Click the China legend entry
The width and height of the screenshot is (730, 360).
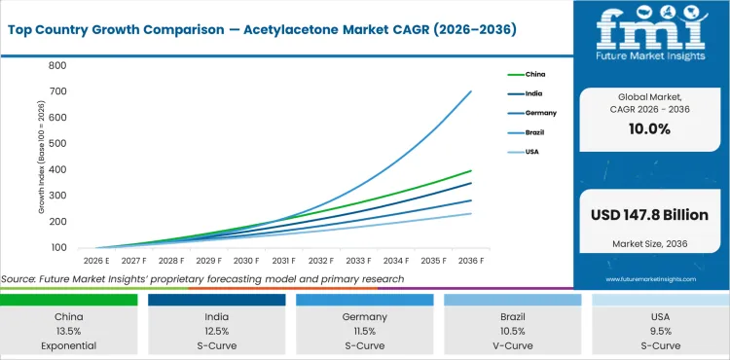(534, 74)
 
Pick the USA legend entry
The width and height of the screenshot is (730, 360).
(531, 152)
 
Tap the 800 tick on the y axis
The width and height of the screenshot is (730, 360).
(57, 65)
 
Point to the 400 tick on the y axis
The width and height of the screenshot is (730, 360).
(57, 169)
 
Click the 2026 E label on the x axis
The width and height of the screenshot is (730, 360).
(95, 261)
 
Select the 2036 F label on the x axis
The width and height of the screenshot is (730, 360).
(470, 261)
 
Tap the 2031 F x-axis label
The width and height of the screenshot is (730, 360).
(283, 261)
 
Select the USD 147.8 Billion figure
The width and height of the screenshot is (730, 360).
(650, 214)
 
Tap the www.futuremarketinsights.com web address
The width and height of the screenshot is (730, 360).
(650, 279)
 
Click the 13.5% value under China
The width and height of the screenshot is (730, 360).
(69, 331)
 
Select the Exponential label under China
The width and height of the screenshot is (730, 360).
(69, 345)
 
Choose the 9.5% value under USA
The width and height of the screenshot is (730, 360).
(660, 331)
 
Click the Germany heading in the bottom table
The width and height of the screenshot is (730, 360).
(364, 316)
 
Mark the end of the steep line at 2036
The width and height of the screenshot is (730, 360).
(470, 91)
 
